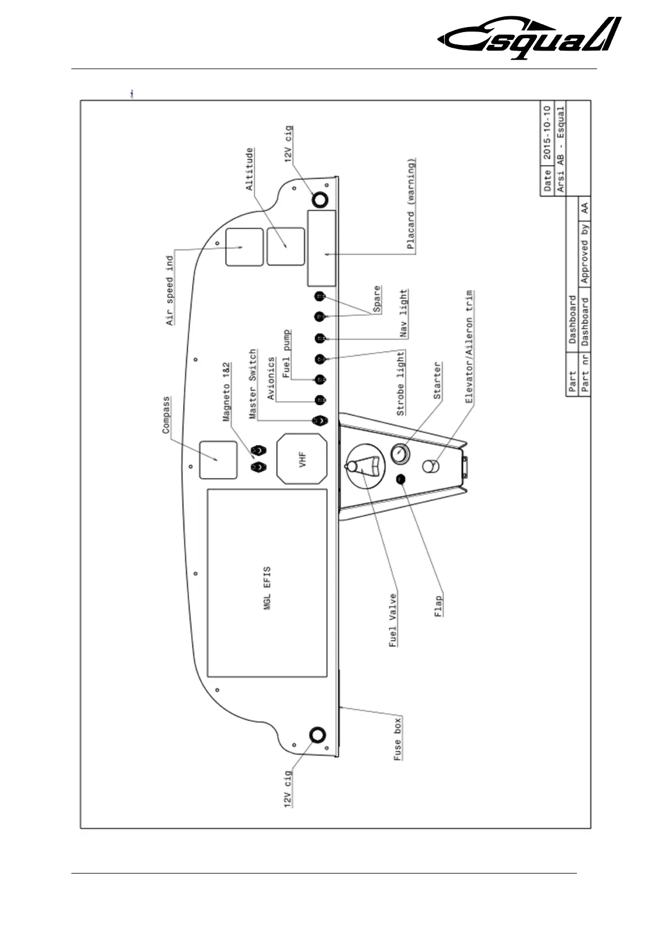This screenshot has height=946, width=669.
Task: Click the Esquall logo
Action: click(529, 38)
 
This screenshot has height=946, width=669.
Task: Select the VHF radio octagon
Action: click(302, 458)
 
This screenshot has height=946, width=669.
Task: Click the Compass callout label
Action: click(166, 415)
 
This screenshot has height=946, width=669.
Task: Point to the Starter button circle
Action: click(399, 453)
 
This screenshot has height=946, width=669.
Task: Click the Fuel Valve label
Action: click(393, 620)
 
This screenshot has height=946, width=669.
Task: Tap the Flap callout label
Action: click(439, 606)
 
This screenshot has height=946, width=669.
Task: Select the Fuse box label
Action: click(397, 739)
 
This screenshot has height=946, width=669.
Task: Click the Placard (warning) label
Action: click(411, 204)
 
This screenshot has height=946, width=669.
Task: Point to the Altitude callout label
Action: click(249, 169)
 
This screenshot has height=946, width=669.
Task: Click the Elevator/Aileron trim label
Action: click(470, 346)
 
